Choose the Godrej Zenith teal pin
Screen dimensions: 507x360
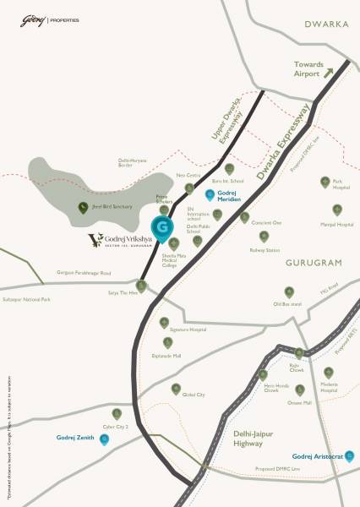click(105, 439)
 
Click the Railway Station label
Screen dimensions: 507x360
click(264, 250)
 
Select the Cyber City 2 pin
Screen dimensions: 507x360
click(117, 413)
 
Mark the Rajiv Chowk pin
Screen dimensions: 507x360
click(297, 353)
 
